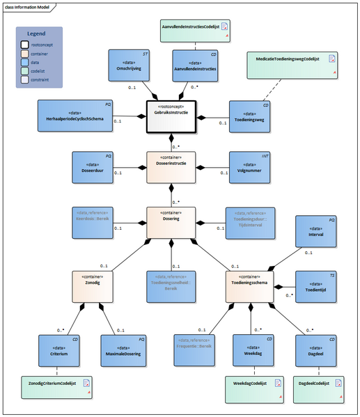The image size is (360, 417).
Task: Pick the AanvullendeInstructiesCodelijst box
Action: pyautogui.click(x=194, y=29)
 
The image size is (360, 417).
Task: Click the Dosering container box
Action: pyautogui.click(x=171, y=222)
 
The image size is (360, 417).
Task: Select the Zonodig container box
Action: pyautogui.click(x=93, y=287)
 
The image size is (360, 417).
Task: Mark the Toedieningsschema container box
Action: pyautogui.click(x=249, y=287)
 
